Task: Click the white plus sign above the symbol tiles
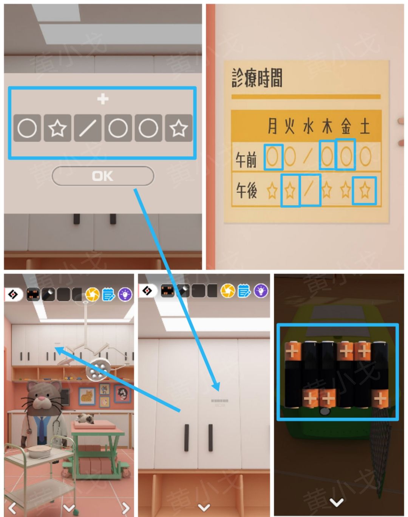tap(103, 99)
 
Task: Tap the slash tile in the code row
tap(88, 128)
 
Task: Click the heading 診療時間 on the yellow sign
tap(257, 78)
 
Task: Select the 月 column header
tap(272, 126)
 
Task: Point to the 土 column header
tap(365, 126)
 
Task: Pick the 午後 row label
tap(246, 190)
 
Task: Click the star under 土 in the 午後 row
tap(365, 190)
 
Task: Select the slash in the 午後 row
tap(309, 189)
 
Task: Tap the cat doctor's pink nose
tap(42, 399)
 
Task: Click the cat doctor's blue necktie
tap(42, 430)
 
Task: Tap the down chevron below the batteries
tap(336, 502)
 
